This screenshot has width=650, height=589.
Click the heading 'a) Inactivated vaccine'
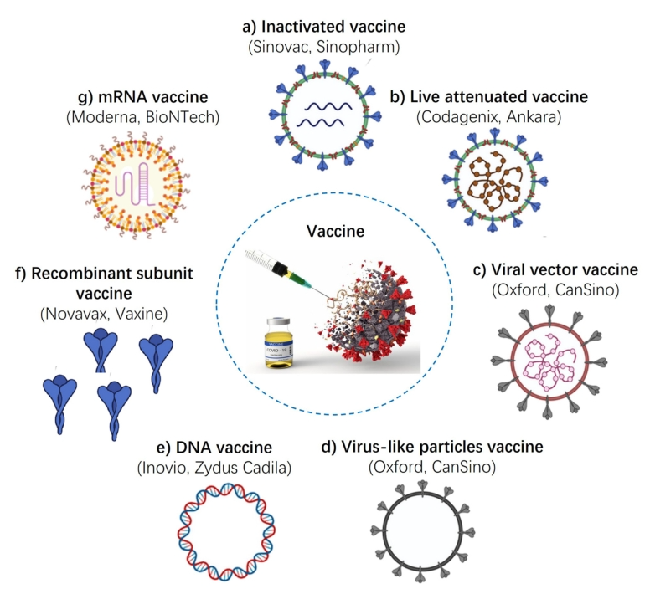pyautogui.click(x=325, y=27)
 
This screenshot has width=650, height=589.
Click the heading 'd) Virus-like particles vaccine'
pyautogui.click(x=431, y=447)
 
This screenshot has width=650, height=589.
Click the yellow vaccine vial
pyautogui.click(x=281, y=341)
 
